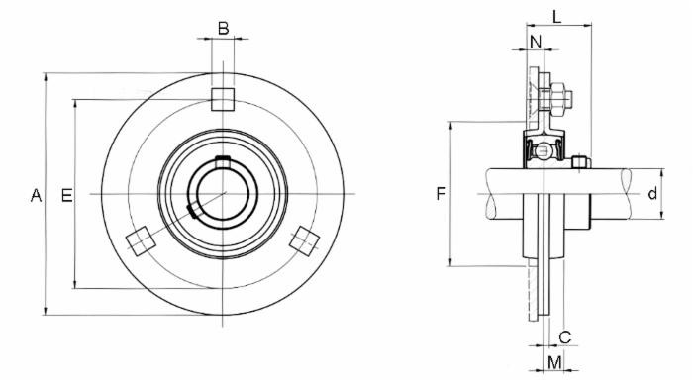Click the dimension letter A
37,195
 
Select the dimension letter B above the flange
223,28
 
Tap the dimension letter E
67,195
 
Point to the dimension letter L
558,16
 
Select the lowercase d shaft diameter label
652,194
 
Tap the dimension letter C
565,335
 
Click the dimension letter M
554,362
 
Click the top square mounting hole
223,98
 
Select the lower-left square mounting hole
140,240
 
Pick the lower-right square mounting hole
305,239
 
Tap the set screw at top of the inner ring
223,161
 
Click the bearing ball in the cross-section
543,152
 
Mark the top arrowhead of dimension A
46,77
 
